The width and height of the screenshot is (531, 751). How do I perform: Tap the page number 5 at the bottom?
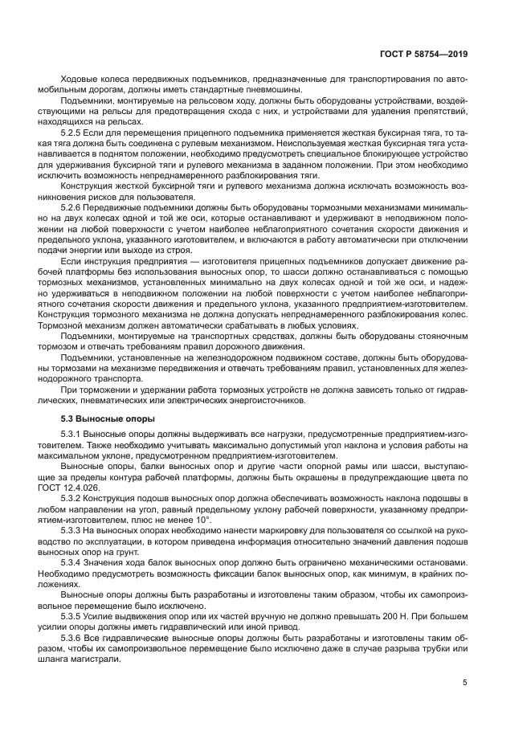click(465, 684)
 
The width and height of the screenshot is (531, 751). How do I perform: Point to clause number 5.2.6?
click(74, 207)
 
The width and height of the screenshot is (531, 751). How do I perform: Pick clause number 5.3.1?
click(74, 435)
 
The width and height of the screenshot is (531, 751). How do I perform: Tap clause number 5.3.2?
click(74, 500)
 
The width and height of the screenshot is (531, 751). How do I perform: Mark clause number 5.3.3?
click(74, 532)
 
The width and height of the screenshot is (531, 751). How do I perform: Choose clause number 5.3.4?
click(74, 564)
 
